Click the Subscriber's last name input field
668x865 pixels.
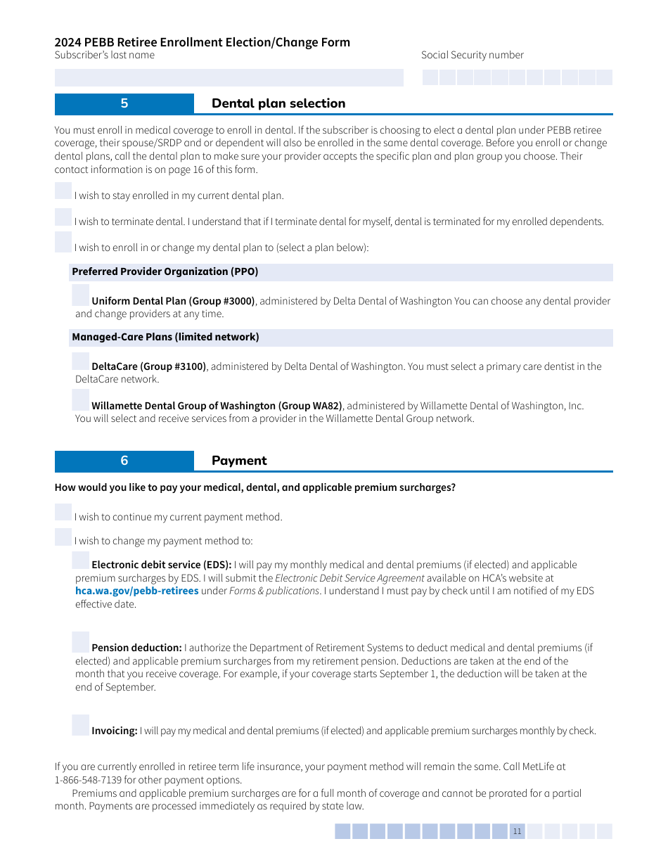click(x=229, y=77)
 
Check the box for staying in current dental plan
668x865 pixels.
click(x=63, y=191)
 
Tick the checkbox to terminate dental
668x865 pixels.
click(x=63, y=217)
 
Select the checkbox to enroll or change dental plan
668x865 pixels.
click(x=63, y=242)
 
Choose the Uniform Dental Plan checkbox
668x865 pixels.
click(x=81, y=295)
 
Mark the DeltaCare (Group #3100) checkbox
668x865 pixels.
click(x=81, y=361)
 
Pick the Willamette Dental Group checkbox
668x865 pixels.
click(x=81, y=399)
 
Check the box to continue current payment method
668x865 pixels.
click(x=63, y=512)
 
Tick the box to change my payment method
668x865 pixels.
click(x=63, y=537)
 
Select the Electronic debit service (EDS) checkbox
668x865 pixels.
click(x=81, y=560)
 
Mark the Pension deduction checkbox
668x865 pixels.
click(x=81, y=642)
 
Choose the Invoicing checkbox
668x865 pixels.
click(x=81, y=725)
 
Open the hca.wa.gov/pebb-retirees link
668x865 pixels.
click(x=136, y=591)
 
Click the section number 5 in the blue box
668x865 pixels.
click(x=124, y=103)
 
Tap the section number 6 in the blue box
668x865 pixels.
click(x=124, y=461)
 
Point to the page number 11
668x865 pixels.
click(x=517, y=831)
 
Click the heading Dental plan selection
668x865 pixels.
click(x=278, y=103)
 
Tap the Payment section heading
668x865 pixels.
click(x=239, y=461)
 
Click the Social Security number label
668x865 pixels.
click(x=472, y=55)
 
